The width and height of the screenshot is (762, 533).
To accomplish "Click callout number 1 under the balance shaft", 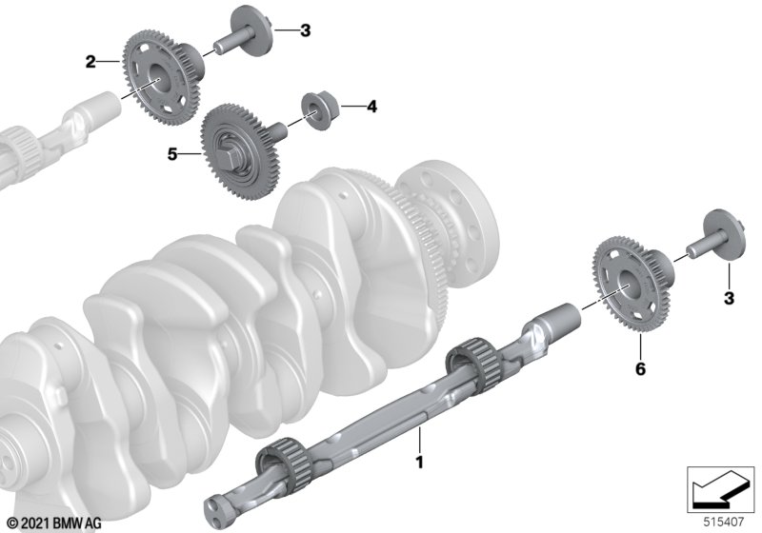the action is (x=420, y=463).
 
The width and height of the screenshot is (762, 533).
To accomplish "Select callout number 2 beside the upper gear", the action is (x=90, y=62).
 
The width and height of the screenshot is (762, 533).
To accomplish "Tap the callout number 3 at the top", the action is (x=305, y=30).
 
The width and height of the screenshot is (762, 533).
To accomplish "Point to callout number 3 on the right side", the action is (x=729, y=298).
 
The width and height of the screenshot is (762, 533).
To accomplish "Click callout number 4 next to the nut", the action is (x=371, y=107).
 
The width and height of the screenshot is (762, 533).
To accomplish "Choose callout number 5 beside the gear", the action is (x=172, y=154).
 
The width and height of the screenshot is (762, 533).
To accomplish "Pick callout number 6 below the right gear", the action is (x=641, y=369).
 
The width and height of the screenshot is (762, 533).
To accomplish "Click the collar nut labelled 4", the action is (x=318, y=112).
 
